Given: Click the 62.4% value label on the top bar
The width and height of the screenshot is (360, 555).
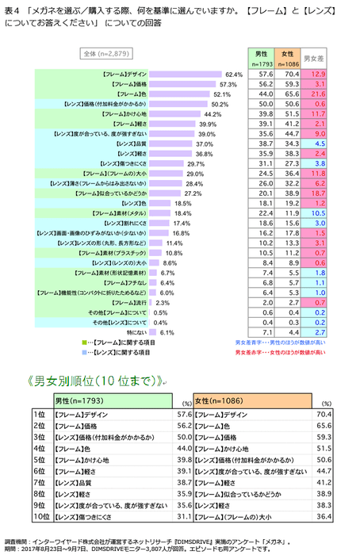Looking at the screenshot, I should pyautogui.click(x=233, y=73).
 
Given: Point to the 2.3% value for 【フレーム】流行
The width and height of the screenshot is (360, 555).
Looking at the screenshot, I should pyautogui.click(x=163, y=303).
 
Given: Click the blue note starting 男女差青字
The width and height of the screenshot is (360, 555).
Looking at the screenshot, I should pyautogui.click(x=285, y=343).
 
